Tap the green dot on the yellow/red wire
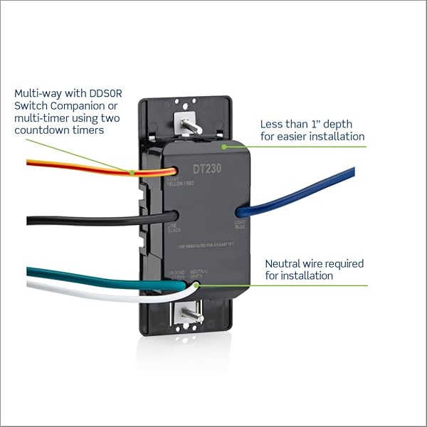133,172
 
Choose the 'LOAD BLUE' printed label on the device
240,225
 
